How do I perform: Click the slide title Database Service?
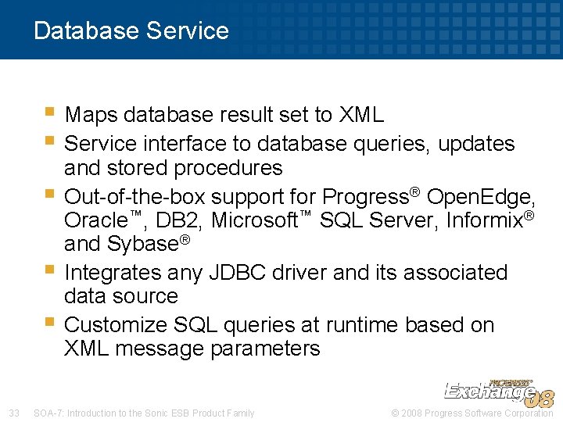[x=131, y=30]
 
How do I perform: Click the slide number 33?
[x=13, y=413]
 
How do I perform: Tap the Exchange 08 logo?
[x=498, y=392]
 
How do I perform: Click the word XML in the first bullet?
[x=361, y=116]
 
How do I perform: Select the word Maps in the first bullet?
[x=90, y=116]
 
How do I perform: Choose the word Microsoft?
[x=256, y=221]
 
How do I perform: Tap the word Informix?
[x=484, y=221]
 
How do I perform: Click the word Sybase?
[x=142, y=245]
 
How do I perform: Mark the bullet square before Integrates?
[x=51, y=270]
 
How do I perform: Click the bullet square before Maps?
[x=51, y=113]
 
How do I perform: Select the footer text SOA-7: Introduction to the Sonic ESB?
[x=144, y=413]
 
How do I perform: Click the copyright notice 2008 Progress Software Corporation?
[x=475, y=413]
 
